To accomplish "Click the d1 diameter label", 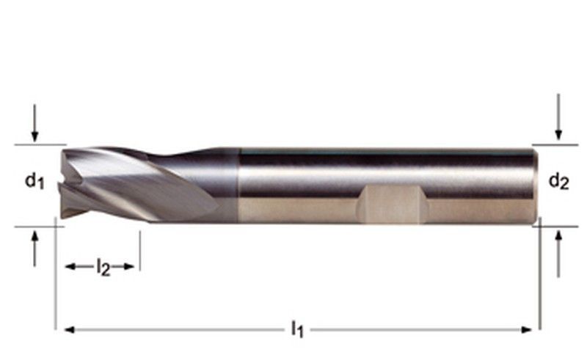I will point(34,180).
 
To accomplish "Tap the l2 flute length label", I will point(103,268).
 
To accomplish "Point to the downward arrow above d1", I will point(34,132).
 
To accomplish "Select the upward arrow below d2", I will point(558,246).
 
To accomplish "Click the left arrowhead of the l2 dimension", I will point(71,267).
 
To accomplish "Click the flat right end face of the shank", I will point(535,183).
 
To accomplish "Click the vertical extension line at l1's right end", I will point(539,293).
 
